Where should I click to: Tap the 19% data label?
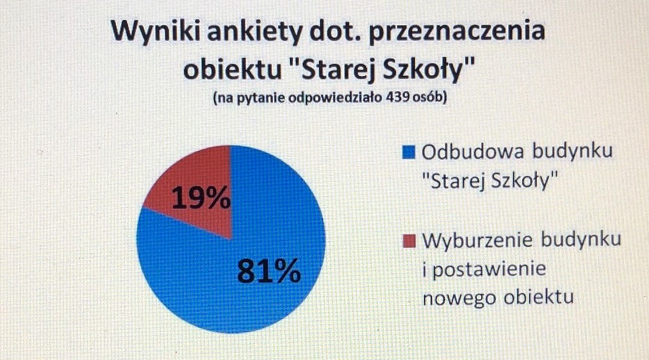201,197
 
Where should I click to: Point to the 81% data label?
269,271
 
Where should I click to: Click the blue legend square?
409,152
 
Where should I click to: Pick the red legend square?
409,241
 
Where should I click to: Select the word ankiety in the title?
254,31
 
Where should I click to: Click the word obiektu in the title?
232,69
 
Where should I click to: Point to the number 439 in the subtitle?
397,98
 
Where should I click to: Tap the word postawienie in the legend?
489,270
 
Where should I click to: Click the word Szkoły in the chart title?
427,69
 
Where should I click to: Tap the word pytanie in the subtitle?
261,99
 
